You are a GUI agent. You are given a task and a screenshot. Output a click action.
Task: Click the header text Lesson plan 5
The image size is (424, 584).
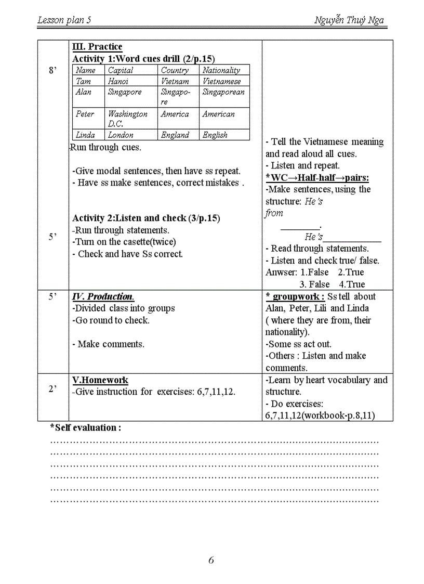[64, 20]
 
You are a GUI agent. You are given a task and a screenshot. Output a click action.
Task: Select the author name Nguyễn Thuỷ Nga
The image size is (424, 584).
[349, 20]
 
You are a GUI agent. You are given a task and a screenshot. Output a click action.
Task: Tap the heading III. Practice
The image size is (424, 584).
[97, 47]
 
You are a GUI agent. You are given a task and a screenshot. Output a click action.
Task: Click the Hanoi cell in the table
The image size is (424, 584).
[118, 81]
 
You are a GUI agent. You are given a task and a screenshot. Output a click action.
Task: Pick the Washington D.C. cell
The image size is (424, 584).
[127, 119]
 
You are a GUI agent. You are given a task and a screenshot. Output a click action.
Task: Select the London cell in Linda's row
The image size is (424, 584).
[121, 135]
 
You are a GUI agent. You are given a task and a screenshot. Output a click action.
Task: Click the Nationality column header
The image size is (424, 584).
[221, 70]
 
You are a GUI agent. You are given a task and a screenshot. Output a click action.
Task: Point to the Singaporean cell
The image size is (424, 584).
[223, 92]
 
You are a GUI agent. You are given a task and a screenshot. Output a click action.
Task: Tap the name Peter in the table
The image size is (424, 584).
[85, 114]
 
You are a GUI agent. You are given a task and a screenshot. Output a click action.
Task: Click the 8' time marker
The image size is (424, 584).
[52, 71]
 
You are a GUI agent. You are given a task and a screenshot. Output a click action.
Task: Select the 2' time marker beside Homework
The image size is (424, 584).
[52, 389]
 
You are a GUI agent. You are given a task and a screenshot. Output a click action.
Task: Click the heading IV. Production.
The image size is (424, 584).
[103, 296]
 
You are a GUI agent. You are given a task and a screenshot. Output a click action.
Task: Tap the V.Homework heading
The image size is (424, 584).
[100, 380]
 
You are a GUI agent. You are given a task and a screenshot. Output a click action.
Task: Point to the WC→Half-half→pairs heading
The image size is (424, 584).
[317, 178]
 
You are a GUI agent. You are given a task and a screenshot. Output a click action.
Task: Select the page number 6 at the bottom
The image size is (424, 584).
[211, 560]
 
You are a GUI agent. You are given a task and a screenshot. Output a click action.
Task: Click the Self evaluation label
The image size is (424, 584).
[86, 427]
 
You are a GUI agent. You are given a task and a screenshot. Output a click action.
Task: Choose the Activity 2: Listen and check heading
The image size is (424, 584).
[146, 218]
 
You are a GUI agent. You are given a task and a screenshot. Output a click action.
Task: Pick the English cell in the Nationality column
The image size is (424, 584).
[215, 135]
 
